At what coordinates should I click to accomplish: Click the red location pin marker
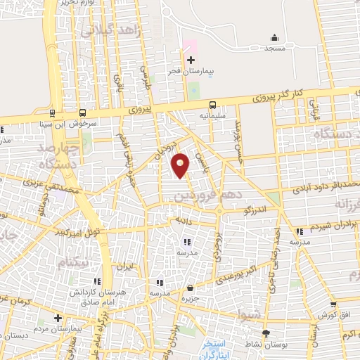pyautogui.click(x=181, y=165)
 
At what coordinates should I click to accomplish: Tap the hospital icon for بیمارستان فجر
pyautogui.click(x=190, y=60)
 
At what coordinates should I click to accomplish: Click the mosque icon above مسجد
pyautogui.click(x=274, y=37)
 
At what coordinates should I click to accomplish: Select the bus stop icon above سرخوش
pyautogui.click(x=84, y=112)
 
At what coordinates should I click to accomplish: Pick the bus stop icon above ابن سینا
pyautogui.click(x=53, y=112)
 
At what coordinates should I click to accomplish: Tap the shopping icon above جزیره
pyautogui.click(x=190, y=287)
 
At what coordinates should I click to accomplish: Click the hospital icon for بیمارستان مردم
pyautogui.click(x=58, y=318)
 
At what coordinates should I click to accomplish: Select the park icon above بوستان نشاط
pyautogui.click(x=265, y=333)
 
